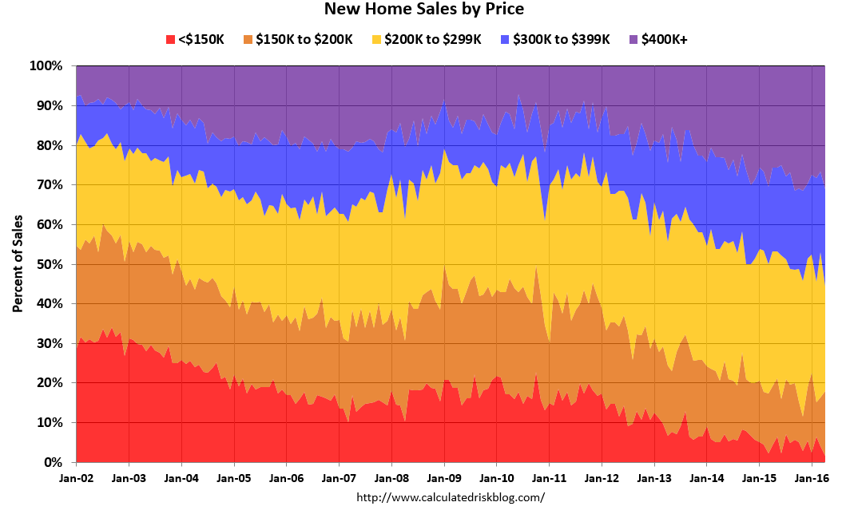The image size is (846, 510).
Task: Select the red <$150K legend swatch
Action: pos(169,39)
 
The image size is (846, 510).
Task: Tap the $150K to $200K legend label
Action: pos(304,39)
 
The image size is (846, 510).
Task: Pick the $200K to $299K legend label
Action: pos(433,39)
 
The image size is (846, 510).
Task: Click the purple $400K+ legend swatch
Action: pos(634,39)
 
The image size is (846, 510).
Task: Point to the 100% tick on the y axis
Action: pos(46,65)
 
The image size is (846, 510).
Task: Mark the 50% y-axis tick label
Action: pos(50,264)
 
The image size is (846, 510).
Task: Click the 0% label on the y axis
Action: pos(53,462)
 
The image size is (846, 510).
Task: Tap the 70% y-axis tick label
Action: pos(50,184)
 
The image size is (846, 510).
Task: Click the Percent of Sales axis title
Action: pos(17,263)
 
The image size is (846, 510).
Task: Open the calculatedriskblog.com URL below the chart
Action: pos(451,497)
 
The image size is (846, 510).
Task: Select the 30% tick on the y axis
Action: pos(50,343)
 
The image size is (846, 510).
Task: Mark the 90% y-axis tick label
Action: pos(50,105)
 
